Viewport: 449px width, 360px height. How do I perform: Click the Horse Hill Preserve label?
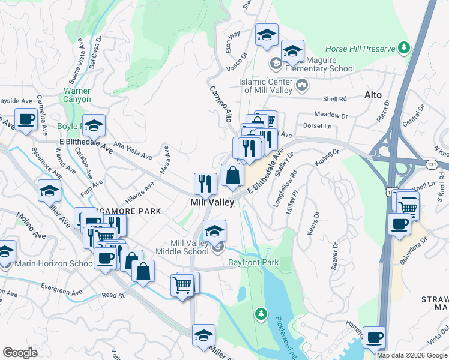360,48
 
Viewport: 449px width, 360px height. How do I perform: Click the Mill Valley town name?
211,203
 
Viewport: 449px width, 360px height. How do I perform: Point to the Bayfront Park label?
253,262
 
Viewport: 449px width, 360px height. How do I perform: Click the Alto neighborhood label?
373,95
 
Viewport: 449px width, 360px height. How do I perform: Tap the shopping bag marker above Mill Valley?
233,176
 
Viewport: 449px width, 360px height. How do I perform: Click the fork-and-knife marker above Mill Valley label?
205,184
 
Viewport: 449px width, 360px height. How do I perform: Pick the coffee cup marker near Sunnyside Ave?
26,119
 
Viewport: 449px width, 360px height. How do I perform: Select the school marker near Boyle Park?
94,125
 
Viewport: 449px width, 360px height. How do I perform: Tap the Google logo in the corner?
20,353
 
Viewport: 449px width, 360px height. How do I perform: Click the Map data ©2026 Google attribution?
412,355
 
